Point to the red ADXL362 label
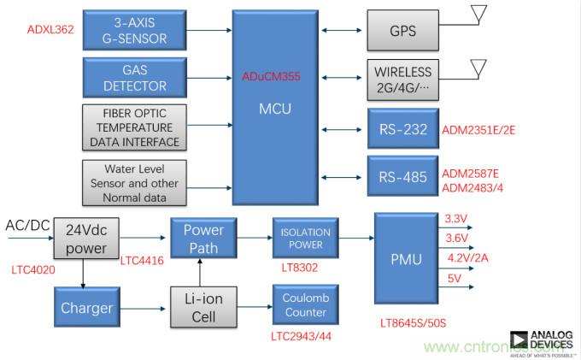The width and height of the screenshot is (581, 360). click(x=51, y=29)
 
